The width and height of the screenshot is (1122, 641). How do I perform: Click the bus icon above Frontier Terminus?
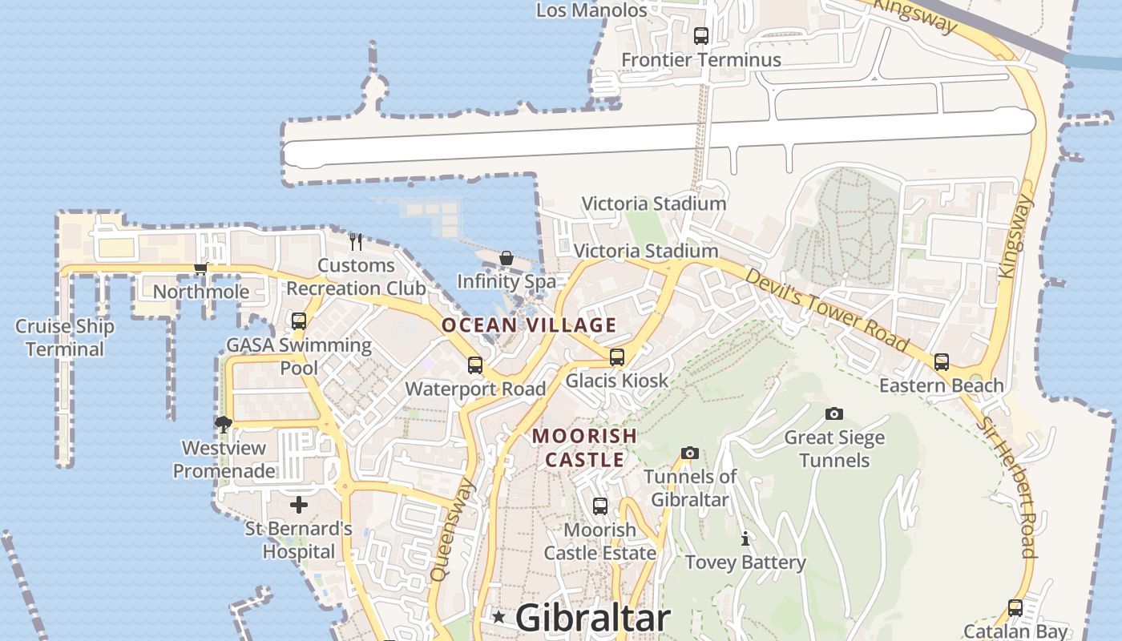701,35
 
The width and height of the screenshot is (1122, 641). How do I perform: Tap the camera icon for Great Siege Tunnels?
834,413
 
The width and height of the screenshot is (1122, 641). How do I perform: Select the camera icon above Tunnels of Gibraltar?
690,453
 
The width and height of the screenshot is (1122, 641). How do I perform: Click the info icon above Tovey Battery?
745,538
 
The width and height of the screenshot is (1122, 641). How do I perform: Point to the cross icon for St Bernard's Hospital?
299,505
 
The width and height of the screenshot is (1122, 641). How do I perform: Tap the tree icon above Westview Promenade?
224,424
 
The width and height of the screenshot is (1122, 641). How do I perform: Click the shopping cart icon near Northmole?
200,268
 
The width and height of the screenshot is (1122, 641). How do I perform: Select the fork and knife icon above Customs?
356,240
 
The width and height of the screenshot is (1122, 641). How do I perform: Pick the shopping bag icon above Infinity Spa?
507,258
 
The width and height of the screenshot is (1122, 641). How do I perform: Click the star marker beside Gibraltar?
498,617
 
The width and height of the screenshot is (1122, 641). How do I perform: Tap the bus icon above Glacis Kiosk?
617,357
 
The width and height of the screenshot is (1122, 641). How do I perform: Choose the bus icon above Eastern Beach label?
942,362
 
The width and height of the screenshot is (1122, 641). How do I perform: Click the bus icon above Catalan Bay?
1015,608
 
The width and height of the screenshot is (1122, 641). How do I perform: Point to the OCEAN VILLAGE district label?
529,325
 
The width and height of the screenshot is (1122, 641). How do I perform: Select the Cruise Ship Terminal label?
65,337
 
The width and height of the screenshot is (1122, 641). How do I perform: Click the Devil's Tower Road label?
828,310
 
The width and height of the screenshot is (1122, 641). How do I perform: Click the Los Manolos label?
591,10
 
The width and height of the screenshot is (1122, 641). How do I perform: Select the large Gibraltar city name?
592,618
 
